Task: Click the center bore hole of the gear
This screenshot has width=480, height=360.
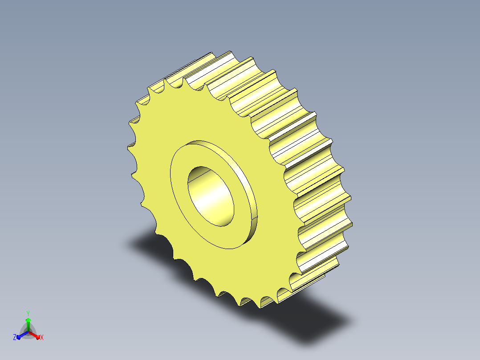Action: click(211, 196)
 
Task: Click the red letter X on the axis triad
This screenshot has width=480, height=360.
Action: click(42, 337)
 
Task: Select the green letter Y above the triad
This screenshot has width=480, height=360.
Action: click(28, 314)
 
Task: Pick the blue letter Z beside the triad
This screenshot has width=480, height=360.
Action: click(15, 337)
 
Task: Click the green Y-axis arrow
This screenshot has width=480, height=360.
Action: click(28, 324)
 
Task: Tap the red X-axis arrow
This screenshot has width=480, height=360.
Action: click(34, 335)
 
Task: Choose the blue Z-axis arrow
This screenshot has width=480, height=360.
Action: click(22, 335)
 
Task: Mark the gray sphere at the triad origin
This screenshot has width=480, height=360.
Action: click(28, 332)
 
